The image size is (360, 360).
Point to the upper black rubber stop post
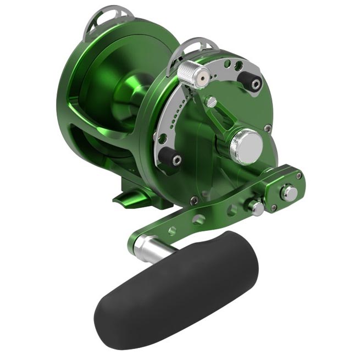click(x=252, y=82)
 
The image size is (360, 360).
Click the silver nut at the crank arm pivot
click(x=289, y=193)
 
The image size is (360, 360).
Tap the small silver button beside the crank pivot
click(x=256, y=207)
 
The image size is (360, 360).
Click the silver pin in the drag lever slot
click(x=211, y=102)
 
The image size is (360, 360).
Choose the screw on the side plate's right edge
click(x=268, y=128)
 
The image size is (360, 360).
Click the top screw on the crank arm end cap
click(x=299, y=175)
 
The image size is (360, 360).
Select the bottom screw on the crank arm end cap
click(x=274, y=208)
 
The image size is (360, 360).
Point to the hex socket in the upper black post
click(x=256, y=84)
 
